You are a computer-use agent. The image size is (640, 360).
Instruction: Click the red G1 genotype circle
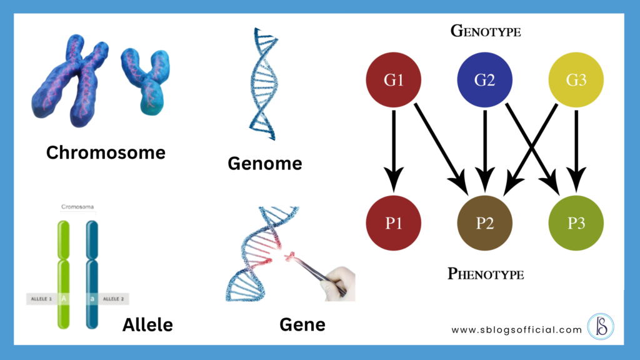coord(393,81)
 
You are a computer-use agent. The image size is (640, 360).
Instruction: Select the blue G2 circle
coord(484,81)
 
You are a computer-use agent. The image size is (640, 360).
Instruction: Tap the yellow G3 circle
coord(576,81)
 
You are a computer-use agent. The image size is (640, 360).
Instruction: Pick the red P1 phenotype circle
coord(393,223)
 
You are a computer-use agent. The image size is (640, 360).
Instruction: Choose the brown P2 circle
coord(484,223)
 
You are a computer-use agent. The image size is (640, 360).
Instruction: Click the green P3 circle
coord(576,223)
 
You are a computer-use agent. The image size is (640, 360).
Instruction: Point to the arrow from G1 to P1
coord(393,150)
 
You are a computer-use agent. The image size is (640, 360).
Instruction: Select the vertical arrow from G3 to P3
coord(576,150)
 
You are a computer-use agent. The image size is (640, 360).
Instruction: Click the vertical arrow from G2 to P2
coord(484,150)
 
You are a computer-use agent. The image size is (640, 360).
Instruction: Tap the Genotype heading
coord(485,31)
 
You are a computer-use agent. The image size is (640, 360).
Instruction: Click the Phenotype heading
coord(485,273)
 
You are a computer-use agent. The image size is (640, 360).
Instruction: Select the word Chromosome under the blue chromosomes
coord(106,152)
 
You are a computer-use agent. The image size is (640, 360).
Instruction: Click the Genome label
coord(264,164)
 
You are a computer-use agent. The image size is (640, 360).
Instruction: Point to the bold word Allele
coord(147,324)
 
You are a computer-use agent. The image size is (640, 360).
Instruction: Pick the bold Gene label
coord(302,324)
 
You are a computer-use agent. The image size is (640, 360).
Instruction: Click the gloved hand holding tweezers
coord(338,284)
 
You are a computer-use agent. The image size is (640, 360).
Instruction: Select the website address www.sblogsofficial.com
coord(516,329)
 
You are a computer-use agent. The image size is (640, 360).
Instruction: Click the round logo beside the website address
coord(601,327)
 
